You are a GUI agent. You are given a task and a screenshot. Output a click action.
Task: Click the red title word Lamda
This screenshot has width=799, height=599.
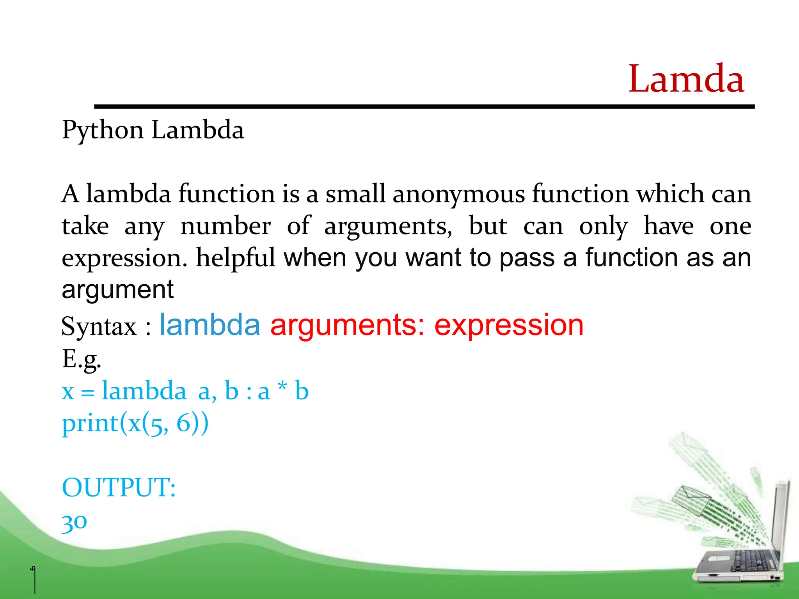coord(686,79)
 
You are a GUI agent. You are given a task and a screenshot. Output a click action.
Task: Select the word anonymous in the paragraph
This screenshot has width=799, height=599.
coord(459,194)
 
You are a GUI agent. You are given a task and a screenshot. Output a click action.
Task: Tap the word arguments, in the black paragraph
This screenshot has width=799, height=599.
coord(388,227)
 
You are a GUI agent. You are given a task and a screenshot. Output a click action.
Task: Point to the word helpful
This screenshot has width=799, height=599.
coord(236,258)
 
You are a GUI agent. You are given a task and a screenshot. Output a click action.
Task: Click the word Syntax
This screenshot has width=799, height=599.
coord(99,326)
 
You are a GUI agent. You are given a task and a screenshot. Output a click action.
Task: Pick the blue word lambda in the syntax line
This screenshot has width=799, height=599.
coord(210,325)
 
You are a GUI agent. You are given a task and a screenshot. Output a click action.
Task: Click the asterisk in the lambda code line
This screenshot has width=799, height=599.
coord(282,387)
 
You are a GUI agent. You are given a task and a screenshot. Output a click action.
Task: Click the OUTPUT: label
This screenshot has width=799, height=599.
coord(119,487)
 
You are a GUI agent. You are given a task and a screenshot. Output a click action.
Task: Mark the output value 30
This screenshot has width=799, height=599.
coord(74,522)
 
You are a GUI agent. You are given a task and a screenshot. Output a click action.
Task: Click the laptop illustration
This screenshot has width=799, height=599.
coord(741,554)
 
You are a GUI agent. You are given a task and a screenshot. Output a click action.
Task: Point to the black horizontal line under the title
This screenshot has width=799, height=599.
coord(424,106)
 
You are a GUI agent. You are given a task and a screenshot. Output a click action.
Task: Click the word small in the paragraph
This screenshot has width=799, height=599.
coord(355,194)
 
